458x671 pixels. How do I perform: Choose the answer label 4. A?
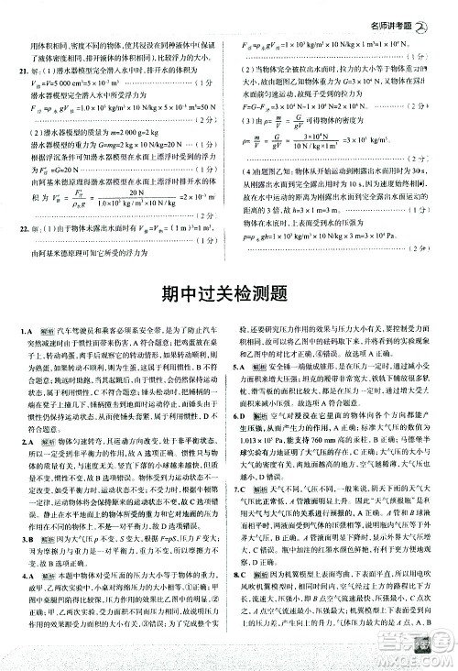pyautogui.click(x=27, y=571)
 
